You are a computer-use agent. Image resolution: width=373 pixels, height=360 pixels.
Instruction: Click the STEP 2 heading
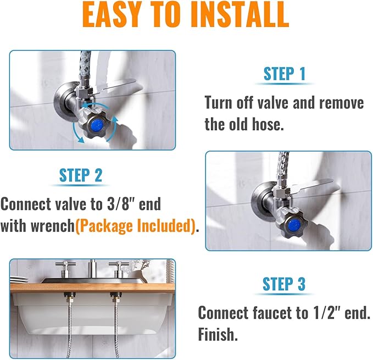click(x=81, y=175)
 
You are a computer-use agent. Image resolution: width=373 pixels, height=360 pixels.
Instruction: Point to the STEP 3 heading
click(x=283, y=284)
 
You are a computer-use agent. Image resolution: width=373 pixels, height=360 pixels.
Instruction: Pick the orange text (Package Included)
click(x=135, y=226)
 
